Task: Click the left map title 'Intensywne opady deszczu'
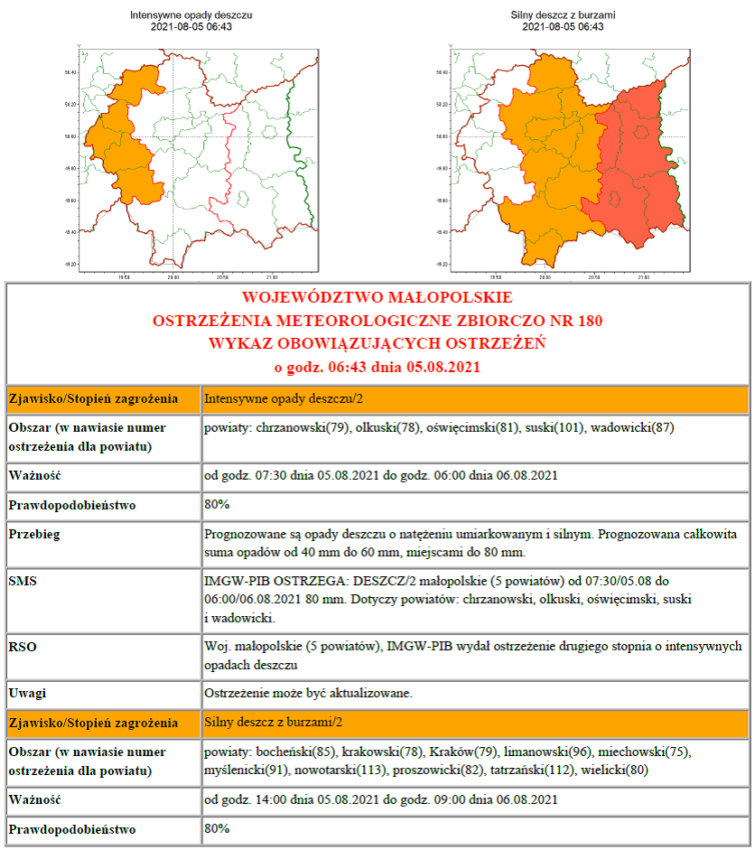coord(191,15)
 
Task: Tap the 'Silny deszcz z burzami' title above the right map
coord(563,15)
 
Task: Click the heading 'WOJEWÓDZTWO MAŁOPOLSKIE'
coord(377,297)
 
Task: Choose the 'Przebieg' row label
coord(35,534)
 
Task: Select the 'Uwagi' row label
coord(30,693)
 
